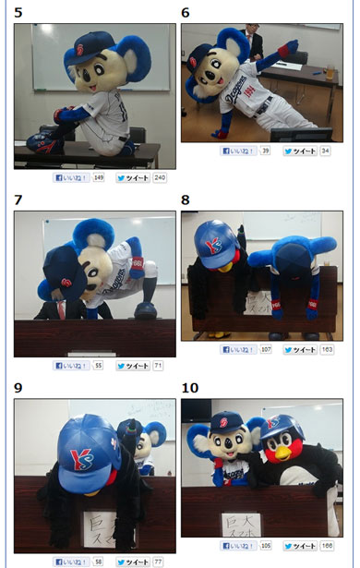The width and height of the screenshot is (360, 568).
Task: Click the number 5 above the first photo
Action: pyautogui.click(x=18, y=13)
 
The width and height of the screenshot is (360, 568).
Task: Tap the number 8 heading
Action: pyautogui.click(x=186, y=199)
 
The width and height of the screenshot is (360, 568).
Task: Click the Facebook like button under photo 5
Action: pyautogui.click(x=72, y=177)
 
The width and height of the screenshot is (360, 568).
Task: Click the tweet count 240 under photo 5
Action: pyautogui.click(x=159, y=177)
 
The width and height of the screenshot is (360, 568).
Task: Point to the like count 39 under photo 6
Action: pyautogui.click(x=265, y=151)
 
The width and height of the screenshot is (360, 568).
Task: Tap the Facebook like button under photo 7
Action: pyautogui.click(x=72, y=366)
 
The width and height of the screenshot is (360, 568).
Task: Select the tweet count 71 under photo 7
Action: pyautogui.click(x=158, y=366)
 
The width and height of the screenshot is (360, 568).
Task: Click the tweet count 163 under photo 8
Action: pyautogui.click(x=327, y=350)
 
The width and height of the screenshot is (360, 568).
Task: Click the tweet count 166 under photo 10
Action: pyautogui.click(x=327, y=546)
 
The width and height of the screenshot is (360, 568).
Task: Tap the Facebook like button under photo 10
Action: pyautogui.click(x=239, y=546)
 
